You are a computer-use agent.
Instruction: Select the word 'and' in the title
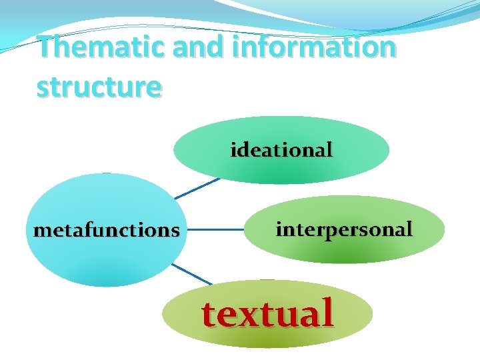190,47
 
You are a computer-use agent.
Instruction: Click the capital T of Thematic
47,47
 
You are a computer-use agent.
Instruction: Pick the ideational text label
281,150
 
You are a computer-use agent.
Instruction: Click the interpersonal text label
344,229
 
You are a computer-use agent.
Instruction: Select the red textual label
267,312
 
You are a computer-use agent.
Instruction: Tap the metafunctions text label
106,231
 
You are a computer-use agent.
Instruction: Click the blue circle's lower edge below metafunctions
107,284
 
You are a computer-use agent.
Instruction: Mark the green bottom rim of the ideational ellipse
281,180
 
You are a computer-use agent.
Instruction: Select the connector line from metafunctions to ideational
197,188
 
